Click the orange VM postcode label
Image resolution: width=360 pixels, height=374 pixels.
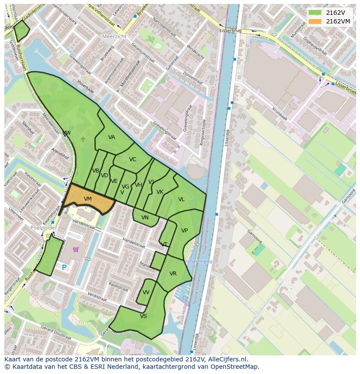pos(87,199)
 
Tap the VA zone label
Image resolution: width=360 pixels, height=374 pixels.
pos(112,137)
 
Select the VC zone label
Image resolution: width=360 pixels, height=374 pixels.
pos(133,159)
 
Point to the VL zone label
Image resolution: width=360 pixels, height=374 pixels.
pos(181,199)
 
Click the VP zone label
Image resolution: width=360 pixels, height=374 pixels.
pos(184,231)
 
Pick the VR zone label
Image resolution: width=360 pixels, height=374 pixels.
pos(173,274)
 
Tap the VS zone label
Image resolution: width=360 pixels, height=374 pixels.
pos(143,316)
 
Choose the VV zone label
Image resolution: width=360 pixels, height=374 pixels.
pos(146,292)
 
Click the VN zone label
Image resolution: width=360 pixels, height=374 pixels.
pos(145,218)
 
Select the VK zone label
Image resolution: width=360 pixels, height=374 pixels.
pos(160,192)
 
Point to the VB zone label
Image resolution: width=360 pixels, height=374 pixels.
pos(96,171)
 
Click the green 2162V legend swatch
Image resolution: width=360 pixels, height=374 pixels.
pos(315,13)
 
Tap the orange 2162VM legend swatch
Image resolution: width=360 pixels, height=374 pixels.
pos(315,21)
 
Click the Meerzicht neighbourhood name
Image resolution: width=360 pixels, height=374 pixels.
pos(114,36)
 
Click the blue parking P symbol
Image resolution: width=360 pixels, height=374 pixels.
pos(64,268)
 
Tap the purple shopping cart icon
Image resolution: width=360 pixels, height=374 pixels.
pos(76,249)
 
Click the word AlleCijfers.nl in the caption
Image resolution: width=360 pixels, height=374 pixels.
pos(227,360)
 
